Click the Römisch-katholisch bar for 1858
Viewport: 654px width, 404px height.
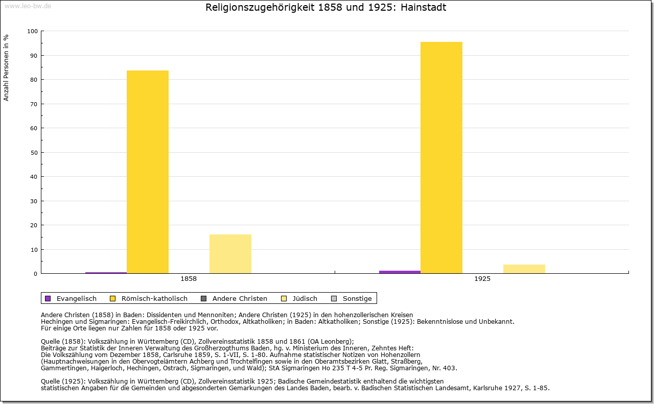[148, 172]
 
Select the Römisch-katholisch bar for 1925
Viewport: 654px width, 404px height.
[441, 157]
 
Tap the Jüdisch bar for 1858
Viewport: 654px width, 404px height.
[230, 254]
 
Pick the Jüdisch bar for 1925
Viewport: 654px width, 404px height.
[524, 269]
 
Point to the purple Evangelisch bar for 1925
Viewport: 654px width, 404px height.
[400, 272]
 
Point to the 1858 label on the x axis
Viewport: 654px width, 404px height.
[189, 279]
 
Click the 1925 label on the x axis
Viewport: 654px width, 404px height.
[482, 279]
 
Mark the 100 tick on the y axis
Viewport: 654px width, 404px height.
[33, 31]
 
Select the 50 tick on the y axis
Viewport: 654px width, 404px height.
[34, 153]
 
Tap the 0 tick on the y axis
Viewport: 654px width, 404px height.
[36, 274]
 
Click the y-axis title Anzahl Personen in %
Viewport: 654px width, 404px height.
[7, 67]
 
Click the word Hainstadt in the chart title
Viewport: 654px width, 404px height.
[424, 8]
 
